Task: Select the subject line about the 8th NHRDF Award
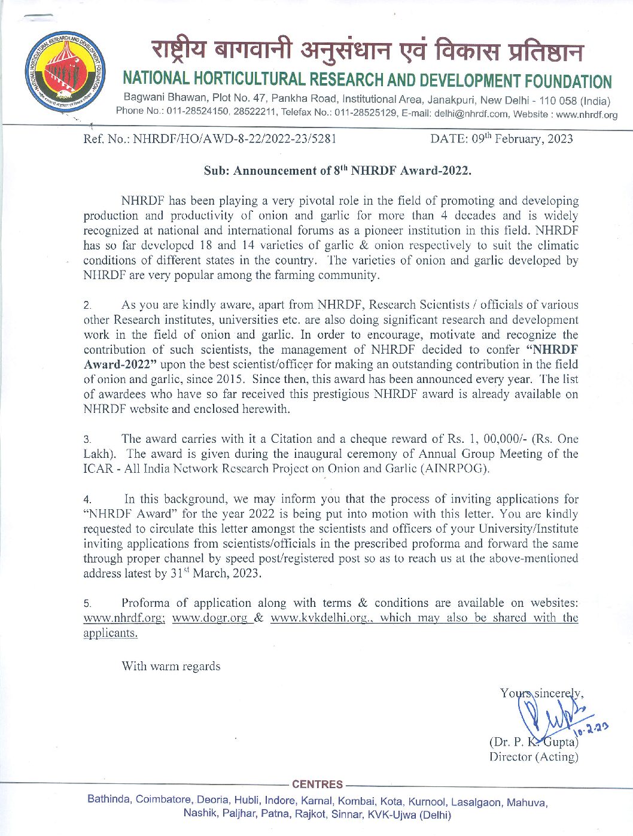click(x=337, y=171)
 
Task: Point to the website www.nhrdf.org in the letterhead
click(x=586, y=114)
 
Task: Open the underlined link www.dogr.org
click(x=209, y=618)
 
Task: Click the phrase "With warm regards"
click(x=171, y=666)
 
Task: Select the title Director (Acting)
click(x=534, y=757)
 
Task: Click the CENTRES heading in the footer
click(x=317, y=785)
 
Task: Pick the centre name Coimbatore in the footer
click(x=163, y=799)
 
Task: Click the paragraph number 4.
click(x=87, y=500)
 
